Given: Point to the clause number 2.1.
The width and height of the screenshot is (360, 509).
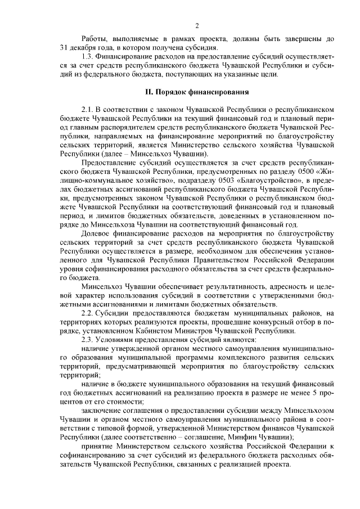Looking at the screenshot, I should tap(88, 108).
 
